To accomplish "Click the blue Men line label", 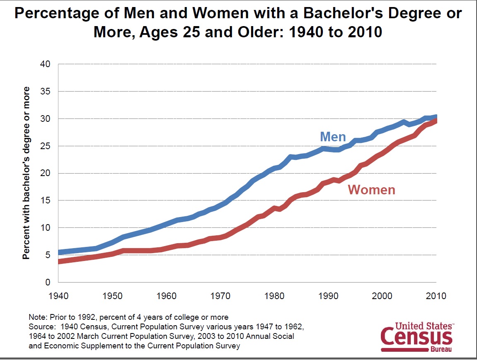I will (x=333, y=137).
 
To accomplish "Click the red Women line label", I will (x=371, y=190).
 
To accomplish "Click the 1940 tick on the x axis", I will (x=58, y=296).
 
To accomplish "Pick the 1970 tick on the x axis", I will (x=220, y=296).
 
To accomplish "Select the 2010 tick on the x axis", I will (x=436, y=296).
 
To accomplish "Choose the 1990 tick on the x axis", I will (x=328, y=296).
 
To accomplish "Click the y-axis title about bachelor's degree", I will (x=27, y=173).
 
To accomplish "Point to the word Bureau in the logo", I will (x=442, y=350).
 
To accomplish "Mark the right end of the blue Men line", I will (x=436, y=117).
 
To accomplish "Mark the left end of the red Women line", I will (x=59, y=261).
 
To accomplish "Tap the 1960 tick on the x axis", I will (x=166, y=296).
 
